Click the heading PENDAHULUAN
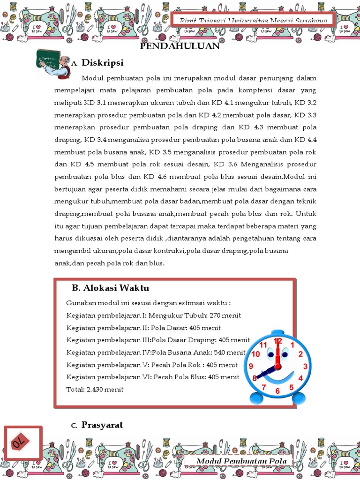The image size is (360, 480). point(180,46)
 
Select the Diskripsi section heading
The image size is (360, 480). point(102,62)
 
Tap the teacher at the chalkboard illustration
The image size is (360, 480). point(53,63)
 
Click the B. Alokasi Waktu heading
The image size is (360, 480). point(110,287)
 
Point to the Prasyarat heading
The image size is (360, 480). point(102,425)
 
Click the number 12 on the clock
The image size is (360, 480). point(278,341)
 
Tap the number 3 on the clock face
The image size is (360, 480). point(305,366)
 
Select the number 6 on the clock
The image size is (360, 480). point(277,390)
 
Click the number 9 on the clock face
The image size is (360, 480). point(251,366)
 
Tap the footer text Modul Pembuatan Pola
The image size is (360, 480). point(241,461)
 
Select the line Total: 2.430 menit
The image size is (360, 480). point(95,389)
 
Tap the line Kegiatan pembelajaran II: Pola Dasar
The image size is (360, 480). point(143,328)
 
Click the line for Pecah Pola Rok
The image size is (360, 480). point(152,365)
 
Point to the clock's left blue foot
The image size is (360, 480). point(257,398)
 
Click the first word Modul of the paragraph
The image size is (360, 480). point(92,78)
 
